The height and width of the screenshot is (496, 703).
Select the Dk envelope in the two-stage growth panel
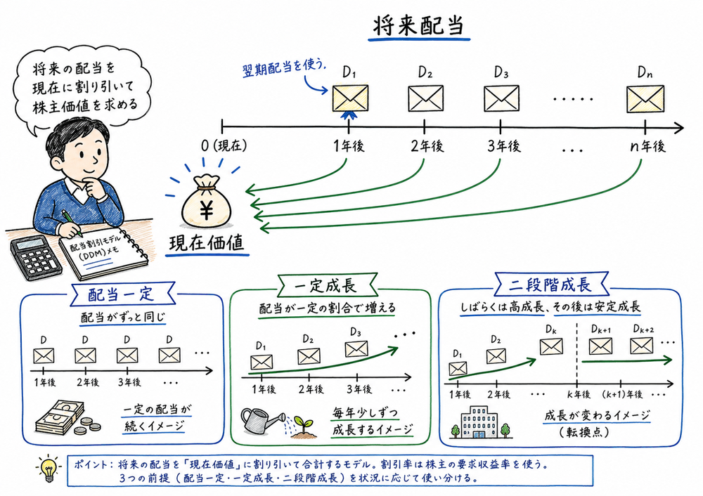(551, 346)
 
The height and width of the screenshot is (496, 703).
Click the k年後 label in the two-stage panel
(576, 393)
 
